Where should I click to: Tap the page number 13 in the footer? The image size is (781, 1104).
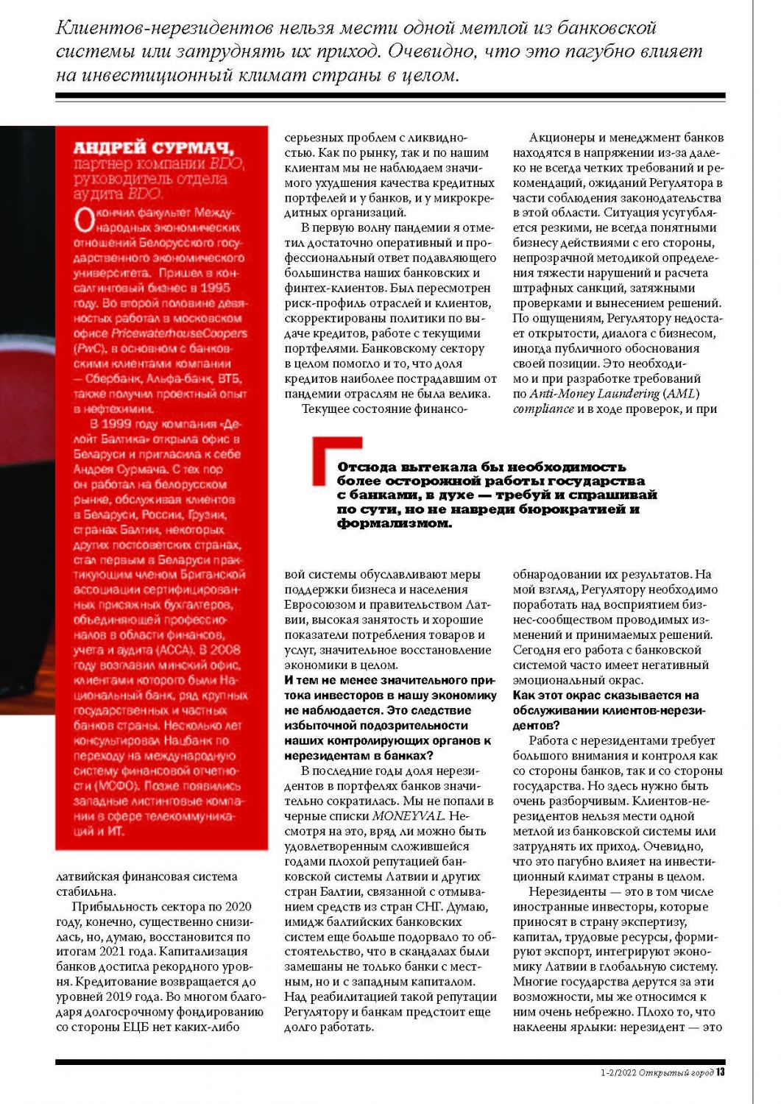click(x=721, y=1072)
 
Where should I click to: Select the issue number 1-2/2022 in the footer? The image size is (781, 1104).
click(x=618, y=1072)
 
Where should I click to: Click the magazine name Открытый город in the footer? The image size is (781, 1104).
click(x=676, y=1072)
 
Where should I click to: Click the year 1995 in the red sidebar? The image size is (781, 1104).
click(x=215, y=288)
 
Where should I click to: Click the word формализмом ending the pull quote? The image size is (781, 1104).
click(x=394, y=524)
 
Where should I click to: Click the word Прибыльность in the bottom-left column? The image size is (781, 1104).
click(x=115, y=907)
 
